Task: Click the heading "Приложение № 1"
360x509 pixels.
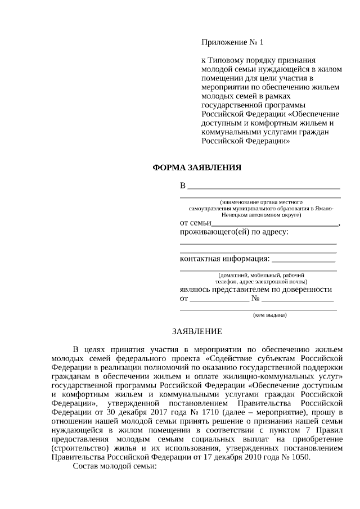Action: coord(232,42)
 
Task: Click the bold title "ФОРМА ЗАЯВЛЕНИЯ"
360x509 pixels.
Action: coord(197,168)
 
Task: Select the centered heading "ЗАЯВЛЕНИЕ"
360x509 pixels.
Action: coord(197,331)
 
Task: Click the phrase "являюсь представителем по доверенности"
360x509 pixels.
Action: coord(255,289)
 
